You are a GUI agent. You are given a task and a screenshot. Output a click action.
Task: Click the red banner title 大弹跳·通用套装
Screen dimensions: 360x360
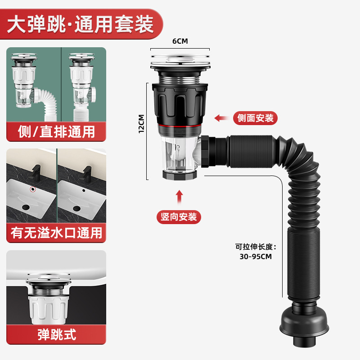coord(82,22)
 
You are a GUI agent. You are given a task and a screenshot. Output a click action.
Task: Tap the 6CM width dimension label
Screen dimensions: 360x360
coord(180,41)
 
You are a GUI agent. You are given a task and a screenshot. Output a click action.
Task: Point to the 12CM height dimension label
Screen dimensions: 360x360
coord(141,124)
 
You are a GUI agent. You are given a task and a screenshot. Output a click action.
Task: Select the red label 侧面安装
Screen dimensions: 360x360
coord(255,118)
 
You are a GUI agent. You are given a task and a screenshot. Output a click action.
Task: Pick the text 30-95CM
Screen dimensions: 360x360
coord(256,256)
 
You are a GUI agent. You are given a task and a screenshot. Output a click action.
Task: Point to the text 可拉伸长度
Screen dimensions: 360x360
coord(255,246)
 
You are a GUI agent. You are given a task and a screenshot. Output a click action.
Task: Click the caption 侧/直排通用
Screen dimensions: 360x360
coord(56,132)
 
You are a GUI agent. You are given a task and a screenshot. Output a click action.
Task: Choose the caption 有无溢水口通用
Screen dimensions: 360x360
coord(56,233)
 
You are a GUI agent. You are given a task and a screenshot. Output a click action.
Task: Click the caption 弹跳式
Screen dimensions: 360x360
coord(56,334)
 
